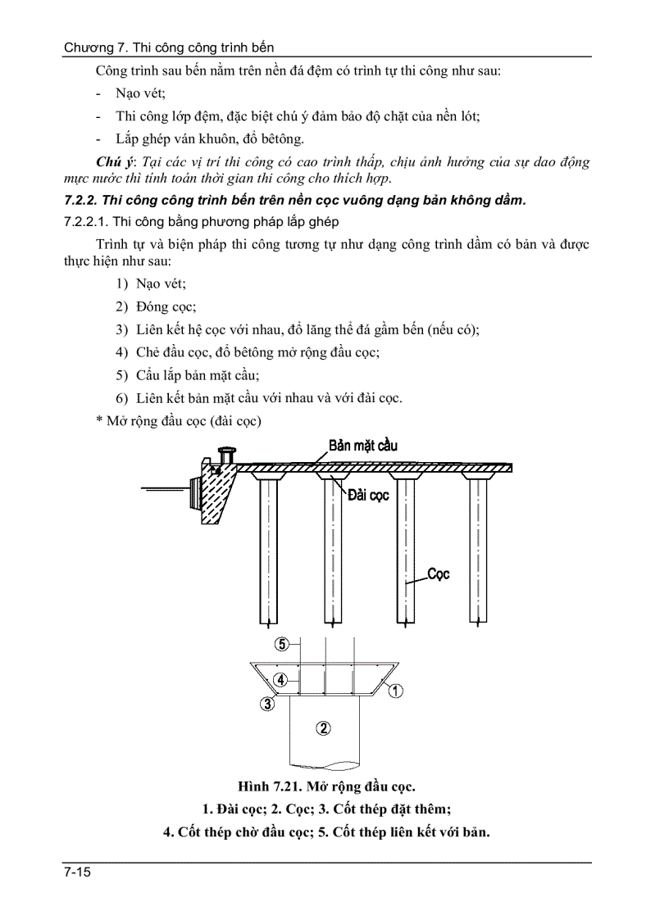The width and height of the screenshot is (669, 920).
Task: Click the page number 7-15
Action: [76, 873]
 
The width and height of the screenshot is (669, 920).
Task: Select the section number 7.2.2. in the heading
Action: [81, 200]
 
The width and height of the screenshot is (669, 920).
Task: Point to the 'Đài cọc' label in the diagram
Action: [368, 496]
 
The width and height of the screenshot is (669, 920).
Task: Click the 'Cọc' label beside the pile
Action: [439, 574]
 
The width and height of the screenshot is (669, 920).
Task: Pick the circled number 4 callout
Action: [280, 680]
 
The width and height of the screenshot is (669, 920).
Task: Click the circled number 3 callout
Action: [267, 703]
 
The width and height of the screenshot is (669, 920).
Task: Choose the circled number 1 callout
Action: [394, 691]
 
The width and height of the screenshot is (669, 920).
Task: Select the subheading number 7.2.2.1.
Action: [84, 222]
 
